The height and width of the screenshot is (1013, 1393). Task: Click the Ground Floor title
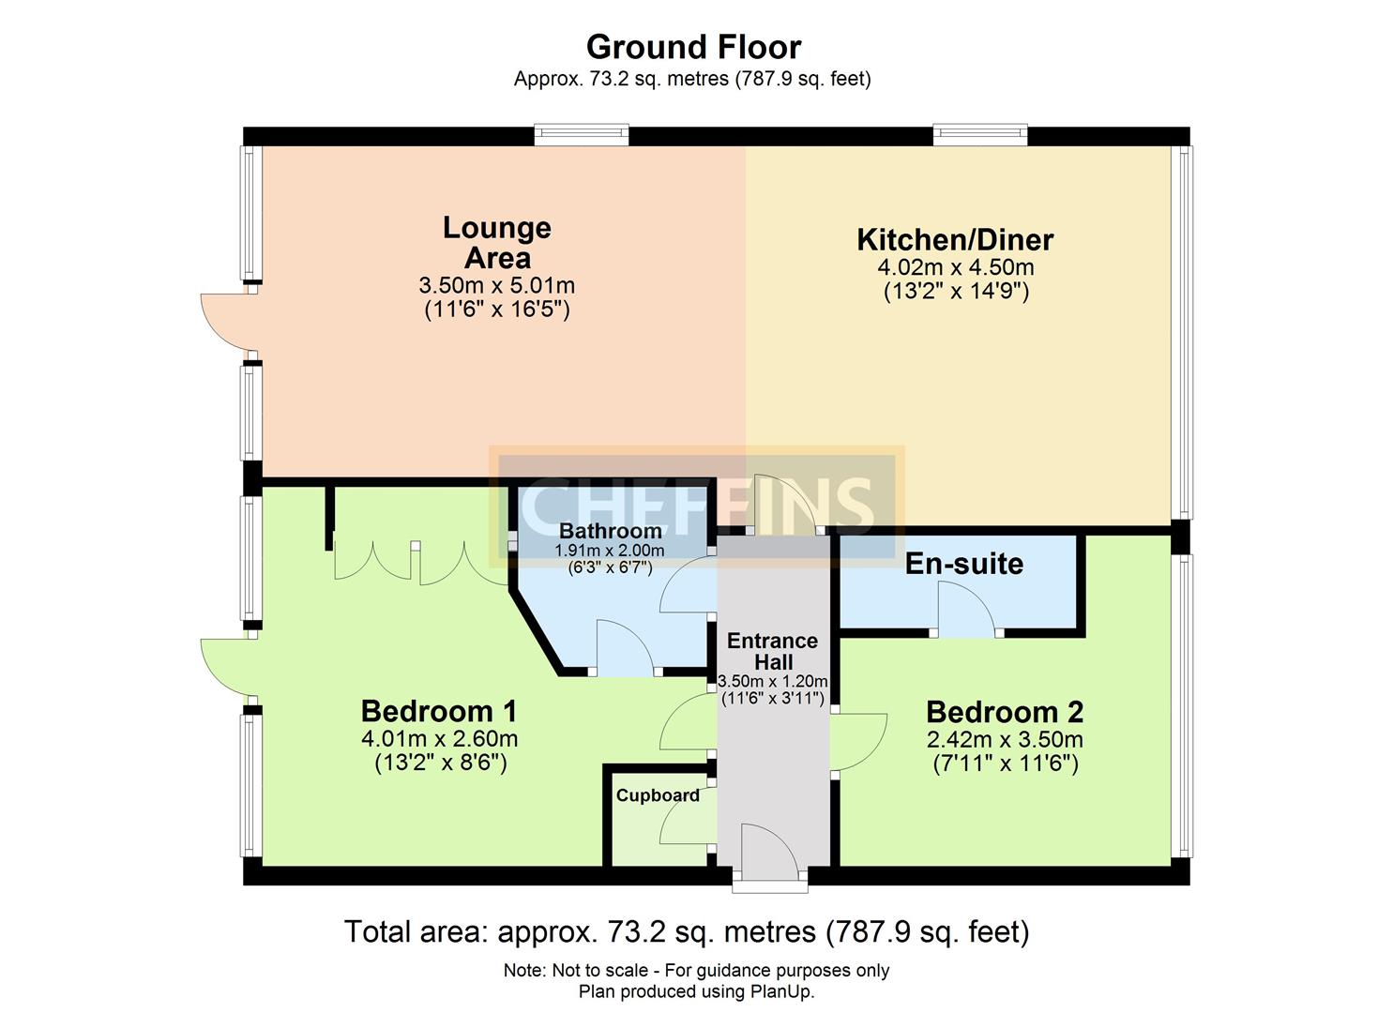click(x=693, y=47)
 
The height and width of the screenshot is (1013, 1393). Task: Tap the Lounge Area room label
click(x=497, y=242)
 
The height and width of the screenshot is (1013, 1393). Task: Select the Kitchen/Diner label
click(x=955, y=239)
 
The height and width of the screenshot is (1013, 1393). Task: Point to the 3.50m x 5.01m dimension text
click(x=497, y=285)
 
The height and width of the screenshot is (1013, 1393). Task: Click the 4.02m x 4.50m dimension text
click(x=956, y=267)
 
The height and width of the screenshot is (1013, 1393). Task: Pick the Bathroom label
click(x=610, y=531)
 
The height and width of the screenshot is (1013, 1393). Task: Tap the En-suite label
click(x=963, y=564)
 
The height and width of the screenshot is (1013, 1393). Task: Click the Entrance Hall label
click(x=773, y=651)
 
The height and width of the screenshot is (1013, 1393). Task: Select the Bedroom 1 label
click(x=438, y=711)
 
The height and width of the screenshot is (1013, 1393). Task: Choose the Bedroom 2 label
click(x=1005, y=712)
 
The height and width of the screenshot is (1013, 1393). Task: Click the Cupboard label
click(x=658, y=795)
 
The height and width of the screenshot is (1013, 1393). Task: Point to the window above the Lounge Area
click(x=581, y=136)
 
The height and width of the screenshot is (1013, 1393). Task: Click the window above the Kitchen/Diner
click(x=980, y=136)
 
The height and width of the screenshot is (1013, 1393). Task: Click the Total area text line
click(x=687, y=932)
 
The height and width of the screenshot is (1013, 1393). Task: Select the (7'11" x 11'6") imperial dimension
click(x=1005, y=764)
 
